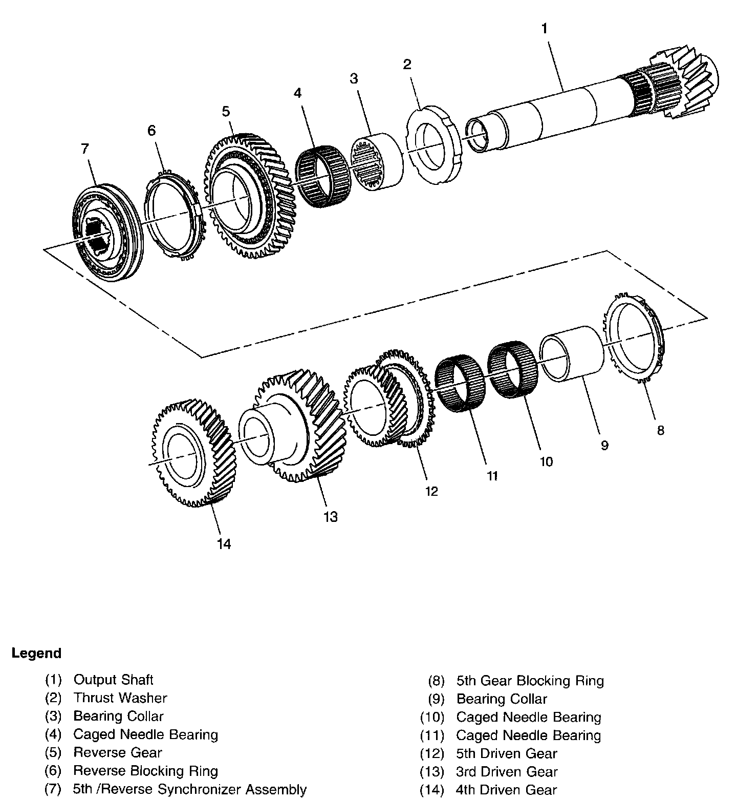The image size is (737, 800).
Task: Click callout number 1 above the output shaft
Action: click(545, 29)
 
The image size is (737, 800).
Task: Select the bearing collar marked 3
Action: click(376, 161)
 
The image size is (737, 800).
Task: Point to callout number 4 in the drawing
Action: click(297, 93)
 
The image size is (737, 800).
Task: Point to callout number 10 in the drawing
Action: click(546, 461)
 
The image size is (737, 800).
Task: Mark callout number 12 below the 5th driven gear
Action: click(431, 491)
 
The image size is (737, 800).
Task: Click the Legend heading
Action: click(36, 654)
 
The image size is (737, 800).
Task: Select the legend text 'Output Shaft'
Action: click(114, 680)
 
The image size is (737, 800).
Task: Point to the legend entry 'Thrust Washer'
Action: click(120, 698)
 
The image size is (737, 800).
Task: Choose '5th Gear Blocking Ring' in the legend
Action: click(530, 681)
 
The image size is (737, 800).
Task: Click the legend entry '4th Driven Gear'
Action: click(506, 790)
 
